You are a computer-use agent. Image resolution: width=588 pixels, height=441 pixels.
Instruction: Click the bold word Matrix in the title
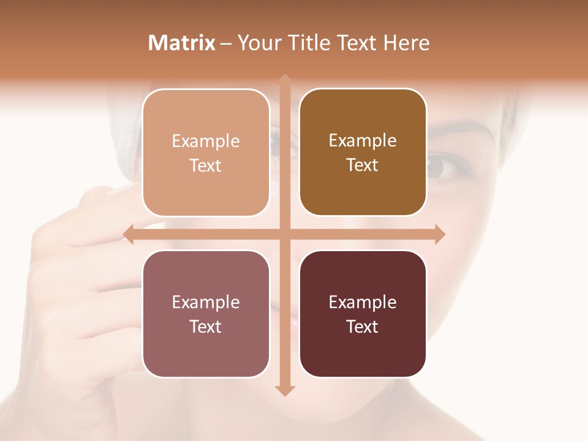182,43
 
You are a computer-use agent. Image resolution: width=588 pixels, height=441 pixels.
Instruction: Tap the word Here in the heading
406,43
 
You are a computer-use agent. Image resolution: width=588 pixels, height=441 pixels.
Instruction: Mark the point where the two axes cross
285,234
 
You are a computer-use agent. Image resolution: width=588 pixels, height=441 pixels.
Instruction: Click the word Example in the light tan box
206,141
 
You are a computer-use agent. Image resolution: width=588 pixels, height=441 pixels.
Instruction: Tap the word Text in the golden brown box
363,165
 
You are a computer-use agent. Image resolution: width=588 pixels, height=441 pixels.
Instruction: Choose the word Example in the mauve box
206,303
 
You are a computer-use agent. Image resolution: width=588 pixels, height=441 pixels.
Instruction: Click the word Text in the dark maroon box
363,327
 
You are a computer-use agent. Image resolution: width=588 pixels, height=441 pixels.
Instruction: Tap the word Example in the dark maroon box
363,303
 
